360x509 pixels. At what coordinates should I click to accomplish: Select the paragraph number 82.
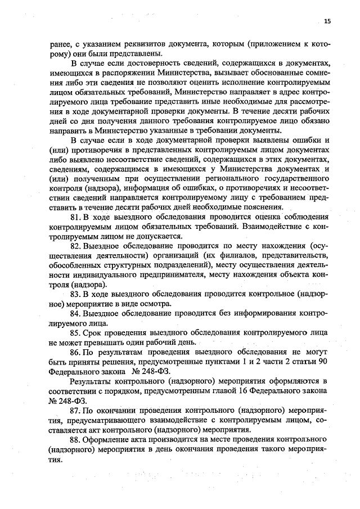[x=75, y=246]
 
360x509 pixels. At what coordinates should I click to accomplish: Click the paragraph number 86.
[x=75, y=352]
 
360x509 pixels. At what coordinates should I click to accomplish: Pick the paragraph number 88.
[x=75, y=439]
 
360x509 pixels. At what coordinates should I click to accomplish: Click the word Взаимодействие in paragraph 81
[x=271, y=227]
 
